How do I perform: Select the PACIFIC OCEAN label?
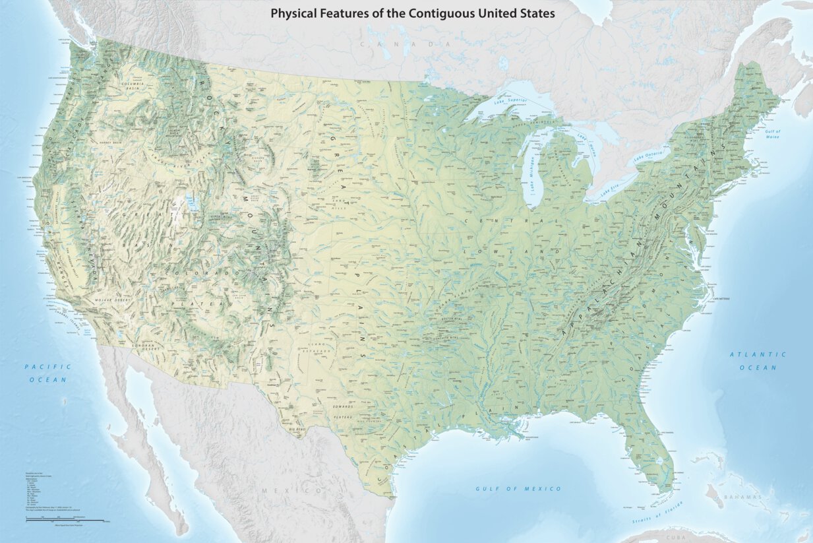click(x=47, y=373)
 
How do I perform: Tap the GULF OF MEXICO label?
click(x=518, y=489)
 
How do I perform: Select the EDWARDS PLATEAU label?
click(x=347, y=412)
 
